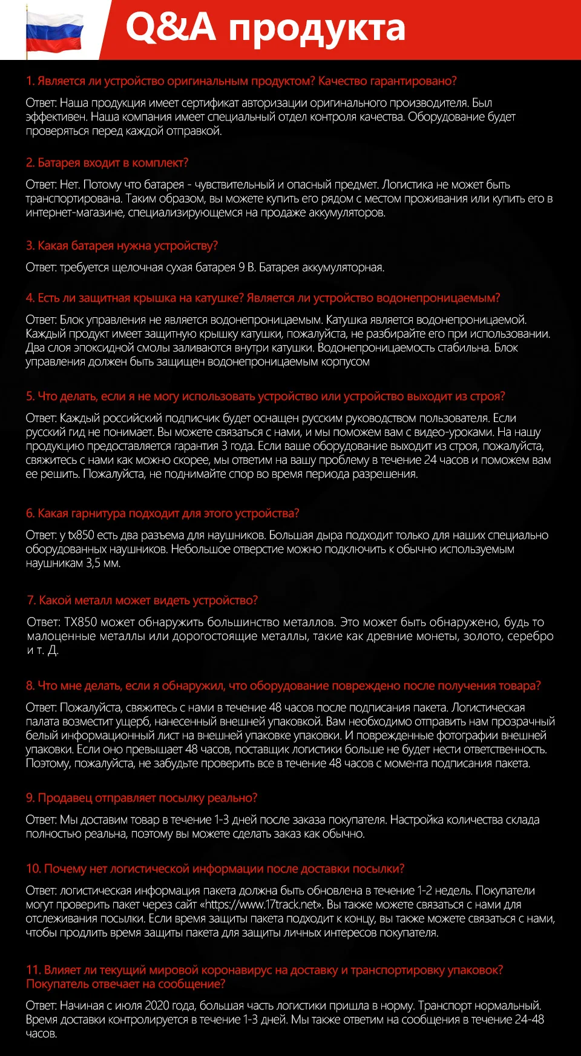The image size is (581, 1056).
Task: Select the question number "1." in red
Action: pos(30,81)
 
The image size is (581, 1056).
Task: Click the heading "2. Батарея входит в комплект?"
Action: pos(107,163)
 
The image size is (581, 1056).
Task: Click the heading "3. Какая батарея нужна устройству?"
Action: pos(122,246)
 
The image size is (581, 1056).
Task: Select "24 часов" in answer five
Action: pos(445,460)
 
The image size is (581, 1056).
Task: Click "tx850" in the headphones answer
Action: pos(81,535)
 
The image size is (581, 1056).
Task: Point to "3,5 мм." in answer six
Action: pos(103,563)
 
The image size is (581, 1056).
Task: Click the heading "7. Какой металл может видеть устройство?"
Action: pos(142,600)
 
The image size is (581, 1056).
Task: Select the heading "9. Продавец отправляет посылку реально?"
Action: pos(142,798)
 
